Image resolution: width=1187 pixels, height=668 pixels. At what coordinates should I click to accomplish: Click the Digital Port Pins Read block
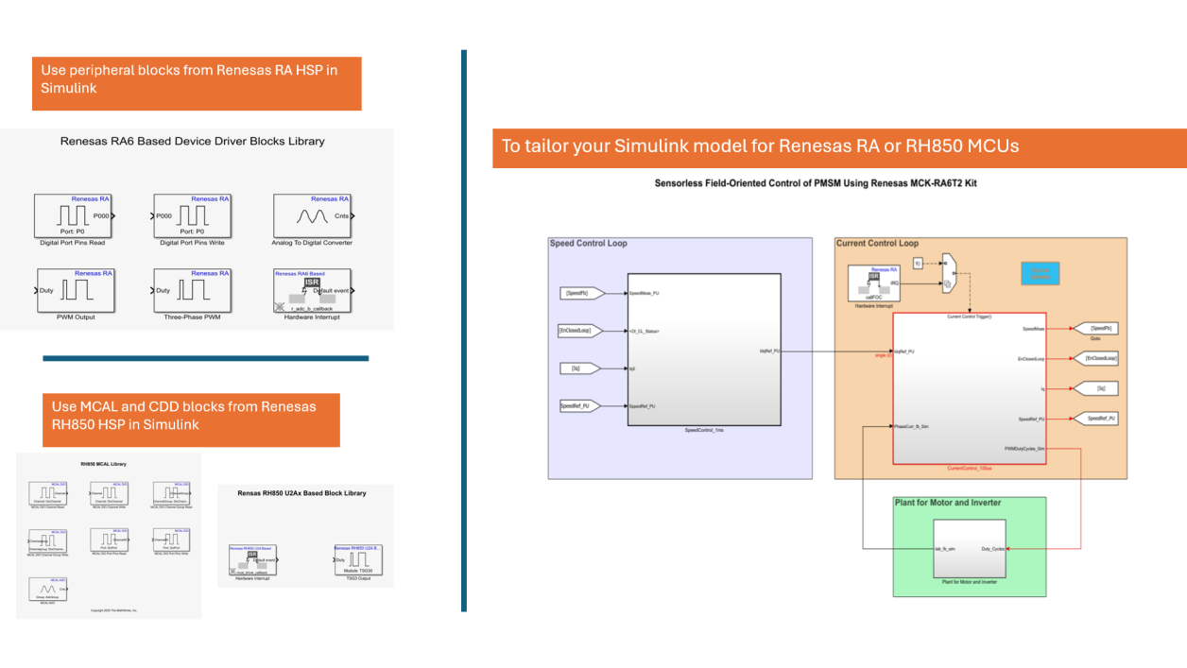(x=74, y=216)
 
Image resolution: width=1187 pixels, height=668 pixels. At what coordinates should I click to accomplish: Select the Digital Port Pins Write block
(x=193, y=216)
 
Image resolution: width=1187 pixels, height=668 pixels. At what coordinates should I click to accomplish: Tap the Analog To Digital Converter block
(x=313, y=216)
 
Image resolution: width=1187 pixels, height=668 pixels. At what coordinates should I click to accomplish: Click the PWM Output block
(x=74, y=291)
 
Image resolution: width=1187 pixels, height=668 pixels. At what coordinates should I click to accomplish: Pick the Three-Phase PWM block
(x=193, y=291)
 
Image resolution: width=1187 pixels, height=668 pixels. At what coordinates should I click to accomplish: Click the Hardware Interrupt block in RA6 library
(x=313, y=291)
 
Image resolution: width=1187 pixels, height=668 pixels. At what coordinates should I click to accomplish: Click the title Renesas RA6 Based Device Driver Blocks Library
(x=192, y=142)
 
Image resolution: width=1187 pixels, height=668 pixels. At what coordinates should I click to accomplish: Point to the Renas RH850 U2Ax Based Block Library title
(x=301, y=493)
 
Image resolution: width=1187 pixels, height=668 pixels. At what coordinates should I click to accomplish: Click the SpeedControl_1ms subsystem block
(x=704, y=350)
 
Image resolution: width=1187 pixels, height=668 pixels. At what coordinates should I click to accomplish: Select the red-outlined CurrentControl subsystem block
(x=969, y=387)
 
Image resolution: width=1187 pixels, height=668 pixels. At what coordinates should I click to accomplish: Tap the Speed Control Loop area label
(x=589, y=244)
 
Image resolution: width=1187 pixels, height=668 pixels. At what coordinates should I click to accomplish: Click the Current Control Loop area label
(x=877, y=244)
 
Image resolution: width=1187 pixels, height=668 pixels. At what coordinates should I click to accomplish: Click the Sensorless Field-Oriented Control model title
(x=816, y=183)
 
